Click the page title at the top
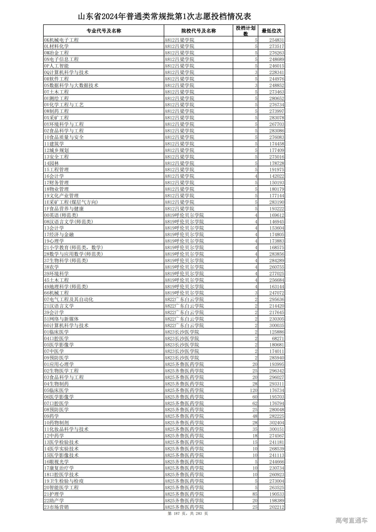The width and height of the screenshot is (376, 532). point(164,16)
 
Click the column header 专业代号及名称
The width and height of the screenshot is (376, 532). point(104,31)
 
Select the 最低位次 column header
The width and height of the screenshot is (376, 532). point(271,31)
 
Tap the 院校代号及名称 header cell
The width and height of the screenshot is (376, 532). point(199,31)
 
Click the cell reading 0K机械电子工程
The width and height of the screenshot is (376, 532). point(61,40)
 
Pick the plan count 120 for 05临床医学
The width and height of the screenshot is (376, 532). point(254,390)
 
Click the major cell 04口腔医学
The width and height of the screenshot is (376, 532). point(56,338)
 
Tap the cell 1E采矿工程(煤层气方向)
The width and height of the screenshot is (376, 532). point(71,202)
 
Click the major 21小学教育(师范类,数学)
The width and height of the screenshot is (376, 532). point(73,247)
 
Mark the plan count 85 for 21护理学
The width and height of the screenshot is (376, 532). point(255,494)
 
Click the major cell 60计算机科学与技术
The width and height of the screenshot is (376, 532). point(66,325)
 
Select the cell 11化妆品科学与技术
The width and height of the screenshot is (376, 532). point(66,429)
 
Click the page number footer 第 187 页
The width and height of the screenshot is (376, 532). point(188,513)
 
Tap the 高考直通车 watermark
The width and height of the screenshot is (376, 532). point(351,520)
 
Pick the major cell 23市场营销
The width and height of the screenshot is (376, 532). point(56,507)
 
